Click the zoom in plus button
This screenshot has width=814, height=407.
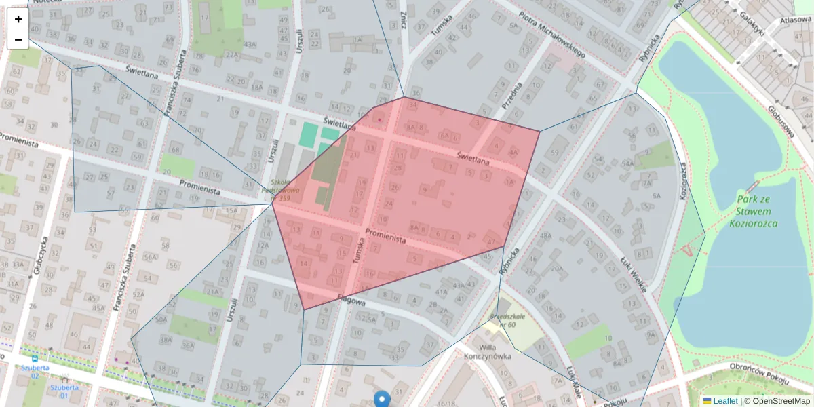(x=18, y=19)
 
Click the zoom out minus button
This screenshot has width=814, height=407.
(x=18, y=39)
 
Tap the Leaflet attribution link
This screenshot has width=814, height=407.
(x=725, y=401)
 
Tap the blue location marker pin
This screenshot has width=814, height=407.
(x=382, y=399)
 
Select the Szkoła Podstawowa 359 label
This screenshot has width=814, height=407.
(x=280, y=190)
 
